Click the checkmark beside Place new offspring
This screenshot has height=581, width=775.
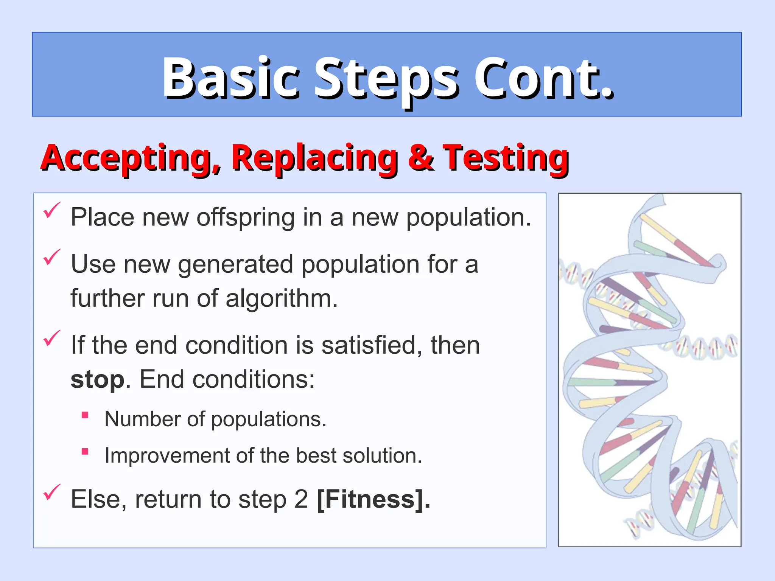point(51,210)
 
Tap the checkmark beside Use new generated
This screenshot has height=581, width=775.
point(51,257)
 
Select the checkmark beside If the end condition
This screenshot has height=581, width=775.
point(51,338)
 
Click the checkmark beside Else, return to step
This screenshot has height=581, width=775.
point(51,492)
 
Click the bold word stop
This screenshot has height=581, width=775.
point(97,379)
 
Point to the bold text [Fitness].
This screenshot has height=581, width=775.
point(373,499)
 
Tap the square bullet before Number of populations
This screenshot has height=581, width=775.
point(85,415)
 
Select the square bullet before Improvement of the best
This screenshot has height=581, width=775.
point(85,451)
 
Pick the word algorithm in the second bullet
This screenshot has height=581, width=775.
point(281,299)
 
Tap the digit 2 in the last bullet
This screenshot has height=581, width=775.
point(301,499)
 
